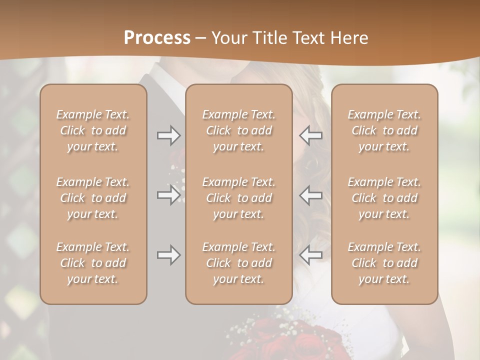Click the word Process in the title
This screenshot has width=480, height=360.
pos(157,38)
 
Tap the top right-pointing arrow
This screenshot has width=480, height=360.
pos(168,135)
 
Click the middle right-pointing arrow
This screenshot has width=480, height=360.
pos(168,195)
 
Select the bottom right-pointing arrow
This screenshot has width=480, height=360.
pos(168,255)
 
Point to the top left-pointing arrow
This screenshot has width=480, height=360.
pos(311,135)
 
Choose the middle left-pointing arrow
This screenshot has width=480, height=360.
pos(311,195)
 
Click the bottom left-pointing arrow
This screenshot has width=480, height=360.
pos(311,255)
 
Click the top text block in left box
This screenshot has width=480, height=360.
pos(93,130)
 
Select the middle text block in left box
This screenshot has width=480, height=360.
pos(93,198)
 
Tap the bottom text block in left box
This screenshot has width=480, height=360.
pos(93,263)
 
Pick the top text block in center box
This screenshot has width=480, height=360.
pos(238,130)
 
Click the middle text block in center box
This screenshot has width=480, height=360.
pos(238,198)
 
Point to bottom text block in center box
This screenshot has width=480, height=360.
pos(238,263)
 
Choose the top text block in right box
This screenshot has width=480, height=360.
pos(384,130)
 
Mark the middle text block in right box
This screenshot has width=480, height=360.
pos(384,198)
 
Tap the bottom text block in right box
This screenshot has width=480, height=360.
pos(384,263)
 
